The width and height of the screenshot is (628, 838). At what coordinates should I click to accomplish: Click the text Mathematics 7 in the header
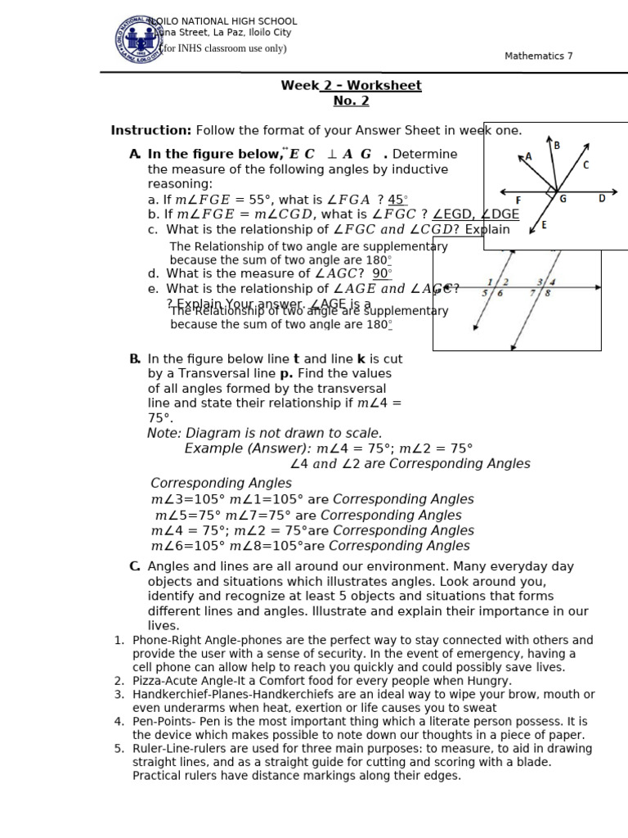pyautogui.click(x=539, y=56)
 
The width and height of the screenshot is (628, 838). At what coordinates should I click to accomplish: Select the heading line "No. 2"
pyautogui.click(x=351, y=101)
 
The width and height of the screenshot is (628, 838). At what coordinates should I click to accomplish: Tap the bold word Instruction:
pyautogui.click(x=151, y=130)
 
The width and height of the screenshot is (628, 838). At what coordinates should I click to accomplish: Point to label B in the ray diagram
pyautogui.click(x=557, y=146)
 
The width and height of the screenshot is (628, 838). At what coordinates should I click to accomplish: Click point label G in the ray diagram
pyautogui.click(x=563, y=199)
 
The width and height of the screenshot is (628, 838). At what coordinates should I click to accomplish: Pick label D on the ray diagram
pyautogui.click(x=602, y=198)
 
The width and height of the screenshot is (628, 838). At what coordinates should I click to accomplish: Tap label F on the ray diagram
pyautogui.click(x=518, y=200)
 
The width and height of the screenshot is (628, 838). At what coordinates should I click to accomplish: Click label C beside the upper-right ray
pyautogui.click(x=585, y=164)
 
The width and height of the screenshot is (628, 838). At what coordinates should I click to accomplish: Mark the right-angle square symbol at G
pyautogui.click(x=551, y=191)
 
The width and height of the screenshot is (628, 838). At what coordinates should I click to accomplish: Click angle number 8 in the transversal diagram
pyautogui.click(x=547, y=292)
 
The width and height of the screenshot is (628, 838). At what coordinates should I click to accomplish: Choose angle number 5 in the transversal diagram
pyautogui.click(x=485, y=292)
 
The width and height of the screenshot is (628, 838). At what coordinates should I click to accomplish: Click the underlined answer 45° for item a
pyautogui.click(x=397, y=200)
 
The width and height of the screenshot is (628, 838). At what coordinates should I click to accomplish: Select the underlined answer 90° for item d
pyautogui.click(x=382, y=273)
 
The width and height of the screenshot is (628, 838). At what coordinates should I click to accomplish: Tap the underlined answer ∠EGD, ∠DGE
pyautogui.click(x=476, y=214)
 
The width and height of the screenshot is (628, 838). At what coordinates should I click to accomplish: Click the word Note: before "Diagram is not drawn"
pyautogui.click(x=164, y=433)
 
